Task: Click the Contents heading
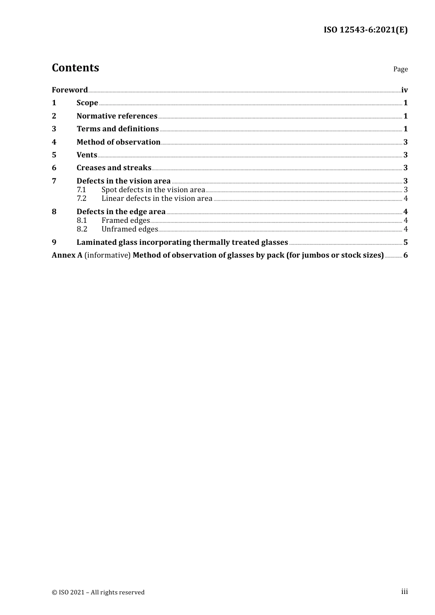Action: [75, 68]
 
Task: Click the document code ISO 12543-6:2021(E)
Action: [365, 30]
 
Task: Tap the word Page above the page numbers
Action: [400, 69]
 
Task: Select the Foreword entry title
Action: [70, 90]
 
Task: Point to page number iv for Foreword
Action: [404, 90]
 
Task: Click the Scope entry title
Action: [87, 102]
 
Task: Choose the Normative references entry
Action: [117, 116]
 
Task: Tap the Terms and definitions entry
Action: [118, 129]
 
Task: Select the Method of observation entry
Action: [118, 142]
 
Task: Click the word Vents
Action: [87, 155]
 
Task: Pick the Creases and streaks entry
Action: [114, 167]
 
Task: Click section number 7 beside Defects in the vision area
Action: [54, 181]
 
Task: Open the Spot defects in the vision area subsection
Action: [153, 189]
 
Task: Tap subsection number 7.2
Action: [82, 198]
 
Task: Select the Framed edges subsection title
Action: [125, 220]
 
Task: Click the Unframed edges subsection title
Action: [130, 229]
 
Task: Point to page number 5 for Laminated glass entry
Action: [405, 242]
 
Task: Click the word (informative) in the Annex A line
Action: [108, 255]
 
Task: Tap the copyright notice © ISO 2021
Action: [98, 592]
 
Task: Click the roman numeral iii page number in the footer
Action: [404, 591]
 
